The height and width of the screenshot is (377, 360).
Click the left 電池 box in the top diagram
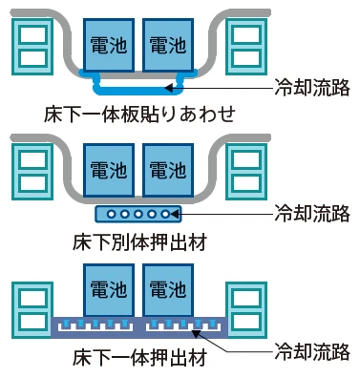point(111,44)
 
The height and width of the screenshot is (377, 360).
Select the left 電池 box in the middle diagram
point(111,171)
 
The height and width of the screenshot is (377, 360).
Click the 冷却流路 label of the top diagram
point(311,86)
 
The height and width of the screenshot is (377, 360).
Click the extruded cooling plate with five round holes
point(138,212)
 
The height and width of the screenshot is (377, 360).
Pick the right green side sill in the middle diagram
point(245,170)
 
